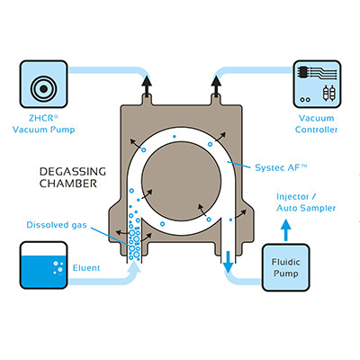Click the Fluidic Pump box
click(x=315, y=270)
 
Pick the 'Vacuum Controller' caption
click(x=314, y=124)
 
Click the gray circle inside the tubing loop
click(x=180, y=171)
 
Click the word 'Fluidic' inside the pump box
click(x=315, y=263)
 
